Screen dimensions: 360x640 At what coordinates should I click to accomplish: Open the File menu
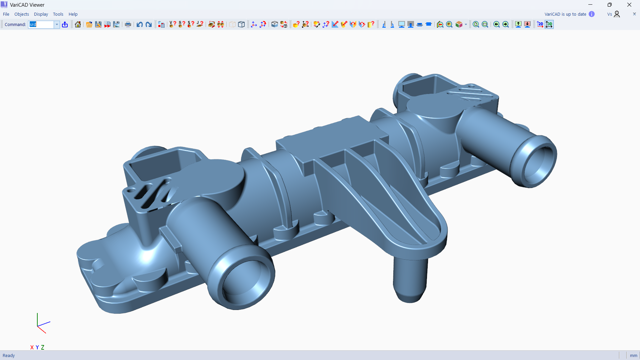tap(6, 14)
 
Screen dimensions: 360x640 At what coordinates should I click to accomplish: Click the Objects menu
tap(22, 14)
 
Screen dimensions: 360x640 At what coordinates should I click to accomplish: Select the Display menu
tap(41, 14)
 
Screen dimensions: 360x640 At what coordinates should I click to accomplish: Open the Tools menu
tap(58, 14)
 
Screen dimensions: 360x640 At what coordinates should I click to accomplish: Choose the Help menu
tap(73, 14)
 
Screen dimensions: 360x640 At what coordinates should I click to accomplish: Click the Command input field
tap(41, 24)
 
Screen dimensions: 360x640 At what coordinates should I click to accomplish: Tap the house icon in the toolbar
tap(78, 24)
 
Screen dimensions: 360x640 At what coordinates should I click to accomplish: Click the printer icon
tap(128, 24)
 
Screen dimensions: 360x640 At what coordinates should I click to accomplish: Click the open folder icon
tap(89, 24)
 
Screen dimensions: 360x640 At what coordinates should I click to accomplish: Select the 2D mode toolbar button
tap(540, 24)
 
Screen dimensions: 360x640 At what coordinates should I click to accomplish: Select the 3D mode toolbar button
tap(549, 24)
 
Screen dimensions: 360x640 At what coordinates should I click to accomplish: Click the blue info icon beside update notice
tap(592, 14)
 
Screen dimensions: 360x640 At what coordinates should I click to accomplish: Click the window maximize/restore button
tap(609, 5)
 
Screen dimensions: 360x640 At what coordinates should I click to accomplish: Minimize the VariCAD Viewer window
tap(590, 5)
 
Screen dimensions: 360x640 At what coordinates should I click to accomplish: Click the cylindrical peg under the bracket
tap(410, 280)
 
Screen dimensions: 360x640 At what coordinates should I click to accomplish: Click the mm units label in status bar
tap(633, 355)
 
